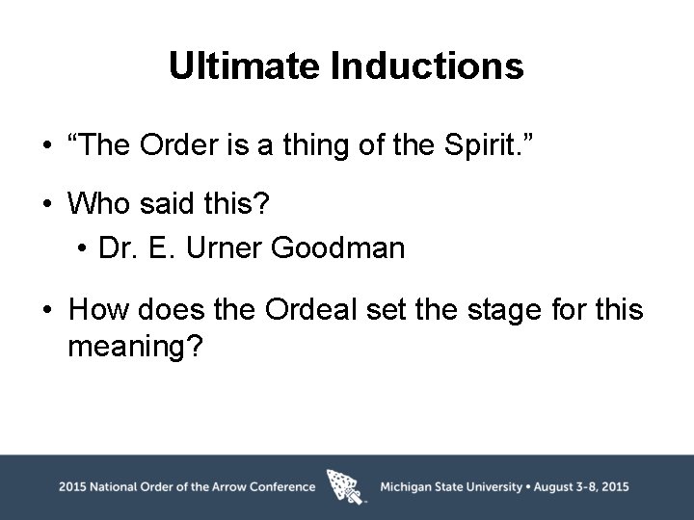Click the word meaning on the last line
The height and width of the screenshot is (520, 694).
pos(135,345)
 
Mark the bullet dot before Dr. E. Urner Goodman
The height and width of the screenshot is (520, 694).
pos(85,249)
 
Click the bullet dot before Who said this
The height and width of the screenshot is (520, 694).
pos(46,205)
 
